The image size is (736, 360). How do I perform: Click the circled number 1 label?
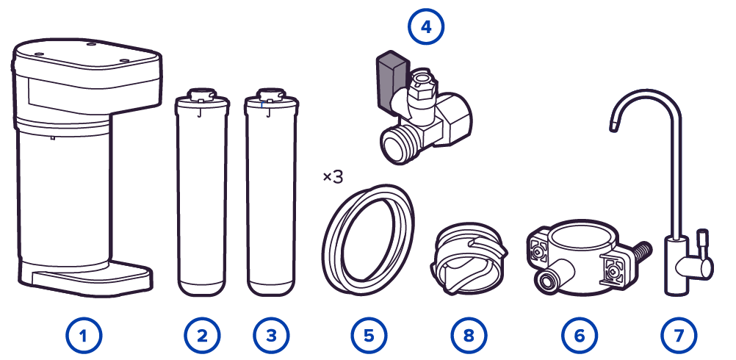[x=84, y=336]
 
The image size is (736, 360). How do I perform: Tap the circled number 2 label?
[x=202, y=336]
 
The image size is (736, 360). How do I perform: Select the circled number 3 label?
[x=271, y=336]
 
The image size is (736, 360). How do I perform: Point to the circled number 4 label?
[x=426, y=26]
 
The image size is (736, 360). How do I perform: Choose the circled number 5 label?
[x=369, y=336]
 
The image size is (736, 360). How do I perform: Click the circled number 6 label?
[x=580, y=336]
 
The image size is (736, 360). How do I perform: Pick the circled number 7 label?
[x=679, y=336]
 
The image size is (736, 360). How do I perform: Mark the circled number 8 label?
[x=469, y=336]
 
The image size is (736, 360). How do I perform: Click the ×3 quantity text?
[x=333, y=177]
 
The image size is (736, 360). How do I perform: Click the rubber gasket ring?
[x=369, y=240]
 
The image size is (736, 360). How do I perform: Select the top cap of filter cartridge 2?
[x=201, y=96]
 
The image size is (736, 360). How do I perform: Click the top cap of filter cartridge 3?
[x=271, y=96]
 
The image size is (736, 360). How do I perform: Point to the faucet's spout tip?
[x=614, y=126]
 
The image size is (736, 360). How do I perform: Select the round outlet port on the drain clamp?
[x=547, y=281]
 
